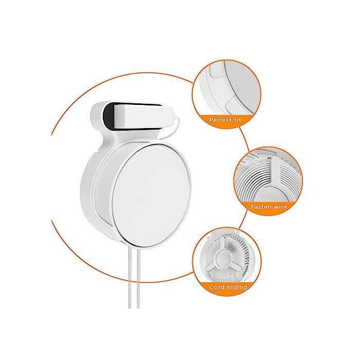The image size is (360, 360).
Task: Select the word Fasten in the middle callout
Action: (x=260, y=206)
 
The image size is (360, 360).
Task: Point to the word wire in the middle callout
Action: (x=280, y=206)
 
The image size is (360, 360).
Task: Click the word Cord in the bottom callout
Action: (x=217, y=287)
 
